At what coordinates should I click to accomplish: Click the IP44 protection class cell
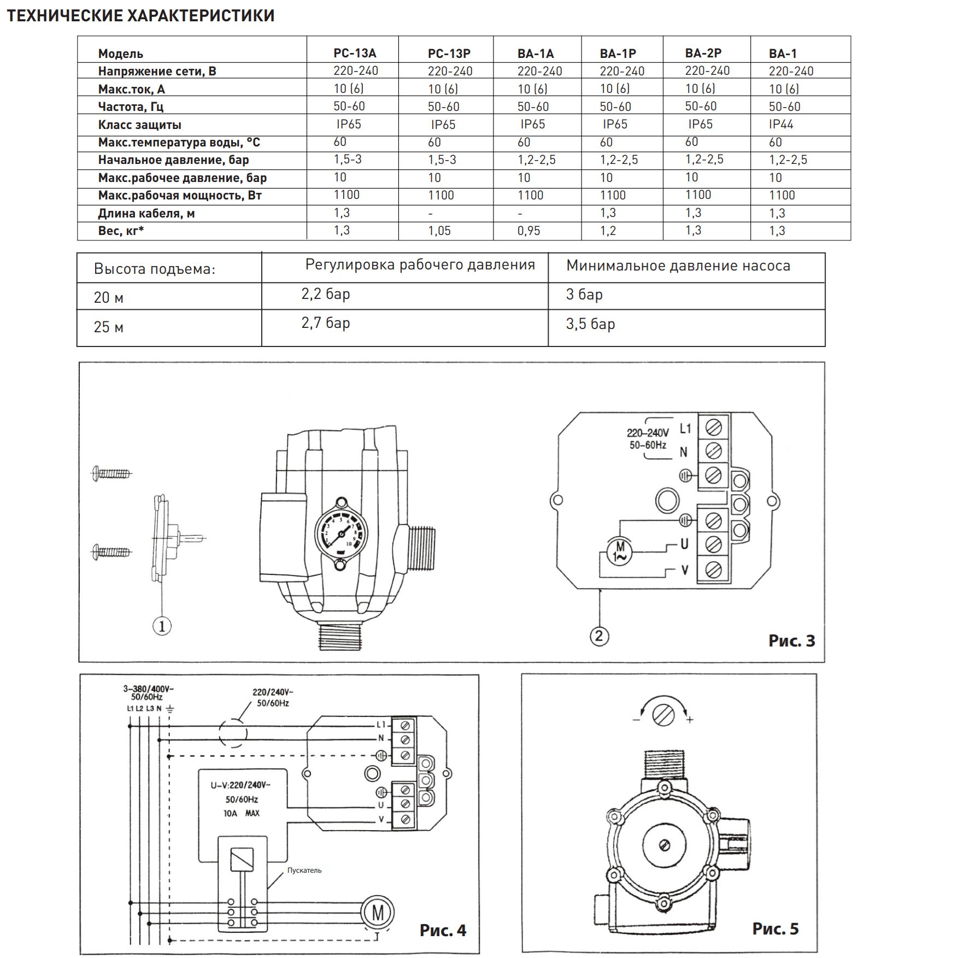(781, 124)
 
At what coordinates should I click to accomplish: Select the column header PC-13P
(449, 54)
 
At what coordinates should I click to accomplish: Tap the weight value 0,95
(528, 231)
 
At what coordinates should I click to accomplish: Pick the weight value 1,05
(439, 231)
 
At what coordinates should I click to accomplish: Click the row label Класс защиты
(139, 125)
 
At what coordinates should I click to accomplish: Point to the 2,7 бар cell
(326, 323)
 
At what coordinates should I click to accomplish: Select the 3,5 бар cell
(590, 324)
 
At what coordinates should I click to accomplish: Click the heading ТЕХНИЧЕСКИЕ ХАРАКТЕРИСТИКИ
(140, 16)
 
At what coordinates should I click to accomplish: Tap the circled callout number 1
(162, 626)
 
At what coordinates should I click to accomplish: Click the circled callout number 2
(599, 636)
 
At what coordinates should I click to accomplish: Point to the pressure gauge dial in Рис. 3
(342, 533)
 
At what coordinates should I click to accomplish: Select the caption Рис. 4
(443, 930)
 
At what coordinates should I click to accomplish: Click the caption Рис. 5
(775, 928)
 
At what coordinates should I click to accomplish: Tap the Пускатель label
(304, 870)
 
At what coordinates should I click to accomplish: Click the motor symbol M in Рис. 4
(378, 912)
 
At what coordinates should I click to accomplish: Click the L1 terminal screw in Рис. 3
(713, 427)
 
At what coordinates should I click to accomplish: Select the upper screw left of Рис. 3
(111, 473)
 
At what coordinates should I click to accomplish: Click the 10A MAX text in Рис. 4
(242, 813)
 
